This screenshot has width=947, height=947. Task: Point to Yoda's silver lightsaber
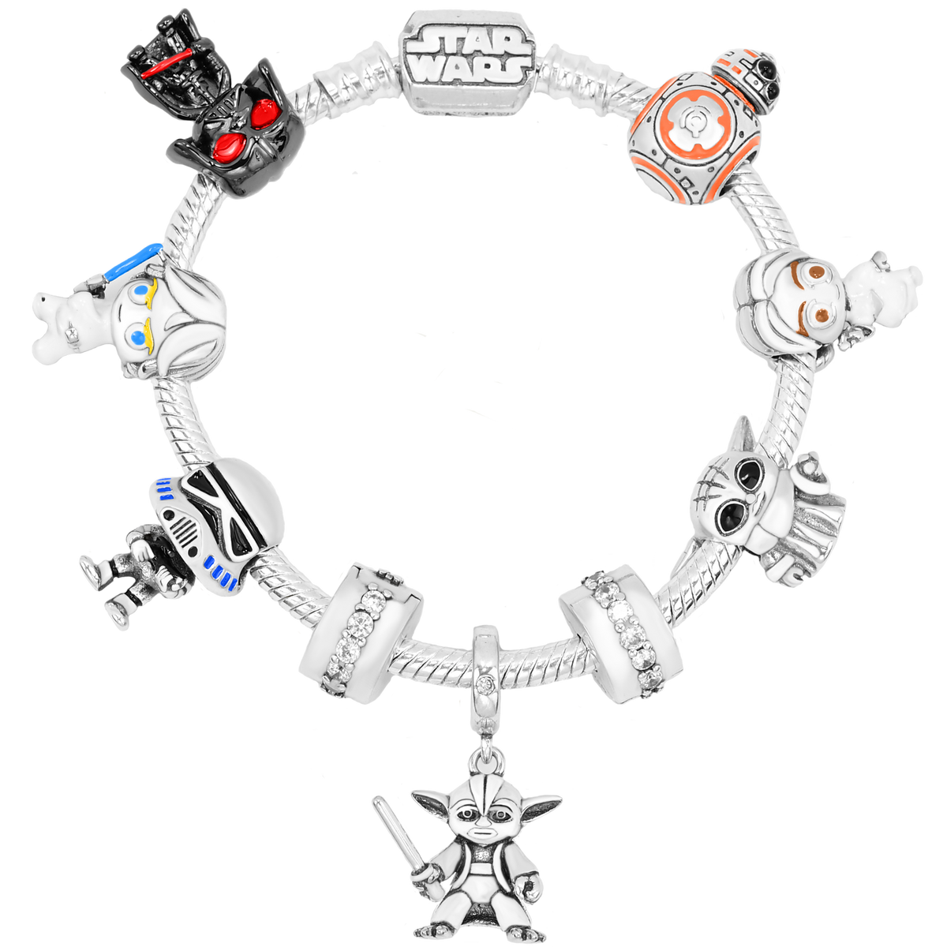pyautogui.click(x=395, y=837)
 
